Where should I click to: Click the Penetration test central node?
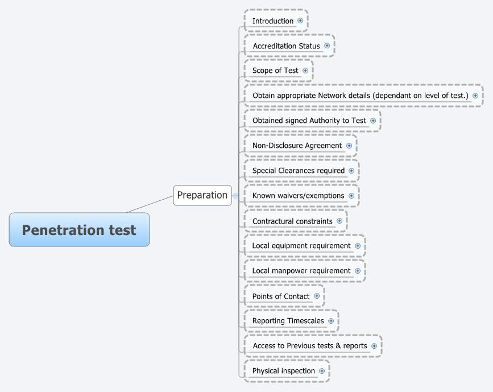[x=79, y=230]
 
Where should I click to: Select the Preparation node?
[x=202, y=195]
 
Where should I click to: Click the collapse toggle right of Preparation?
[x=235, y=196]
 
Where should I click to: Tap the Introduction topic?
[x=273, y=21]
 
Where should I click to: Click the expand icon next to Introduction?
[x=300, y=20]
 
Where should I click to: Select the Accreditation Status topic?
[x=286, y=46]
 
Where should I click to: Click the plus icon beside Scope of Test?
[x=305, y=71]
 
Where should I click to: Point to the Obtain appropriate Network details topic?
[x=360, y=96]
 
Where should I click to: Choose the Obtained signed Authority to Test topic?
[x=309, y=121]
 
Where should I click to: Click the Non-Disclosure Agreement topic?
[x=297, y=146]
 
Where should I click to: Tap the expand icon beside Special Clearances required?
[x=351, y=171]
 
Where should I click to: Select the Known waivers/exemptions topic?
[x=298, y=196]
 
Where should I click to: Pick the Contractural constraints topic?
[x=292, y=221]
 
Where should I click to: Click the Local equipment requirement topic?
[x=301, y=246]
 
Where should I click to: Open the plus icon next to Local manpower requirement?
[x=358, y=271]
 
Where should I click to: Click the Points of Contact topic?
[x=281, y=296]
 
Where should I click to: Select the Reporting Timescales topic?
[x=288, y=321]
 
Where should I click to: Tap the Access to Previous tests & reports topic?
[x=309, y=346]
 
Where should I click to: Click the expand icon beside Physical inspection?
[x=322, y=371]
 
